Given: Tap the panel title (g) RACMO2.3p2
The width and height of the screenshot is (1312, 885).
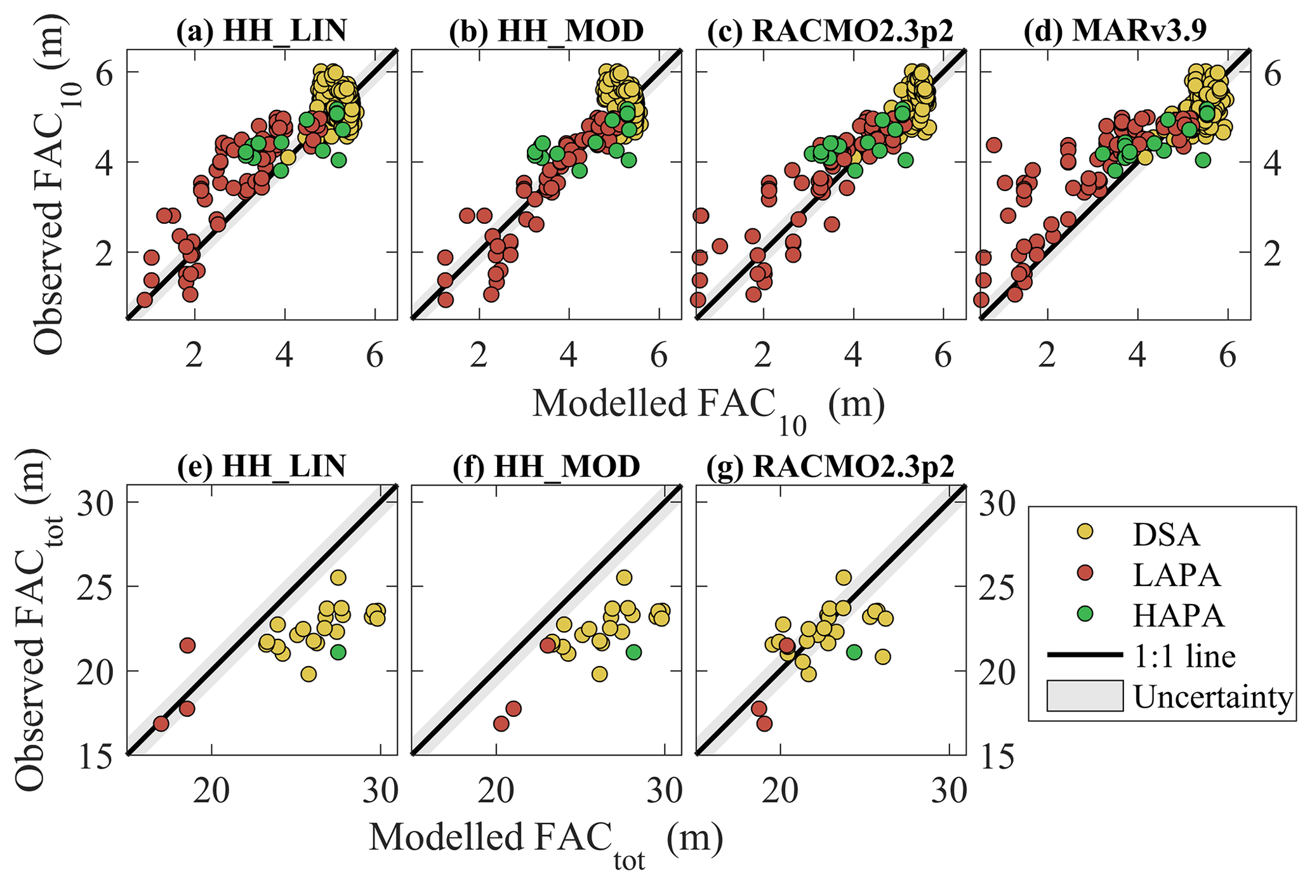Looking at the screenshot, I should tap(831, 467).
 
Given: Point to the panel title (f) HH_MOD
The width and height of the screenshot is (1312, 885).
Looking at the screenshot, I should tap(547, 467).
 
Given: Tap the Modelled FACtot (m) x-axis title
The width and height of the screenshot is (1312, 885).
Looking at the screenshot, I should tap(545, 839).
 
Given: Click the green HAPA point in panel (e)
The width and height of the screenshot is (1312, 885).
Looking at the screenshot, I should tap(338, 652).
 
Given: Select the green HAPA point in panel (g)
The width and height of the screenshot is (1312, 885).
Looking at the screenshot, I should tap(854, 652).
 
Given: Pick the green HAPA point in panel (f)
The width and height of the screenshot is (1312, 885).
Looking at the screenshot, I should tap(633, 652).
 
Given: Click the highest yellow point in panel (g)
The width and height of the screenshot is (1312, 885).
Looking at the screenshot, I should tap(843, 577).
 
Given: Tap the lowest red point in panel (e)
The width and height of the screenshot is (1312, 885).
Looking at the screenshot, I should tap(161, 723).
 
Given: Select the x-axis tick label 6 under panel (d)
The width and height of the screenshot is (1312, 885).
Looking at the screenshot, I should tap(1228, 357).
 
